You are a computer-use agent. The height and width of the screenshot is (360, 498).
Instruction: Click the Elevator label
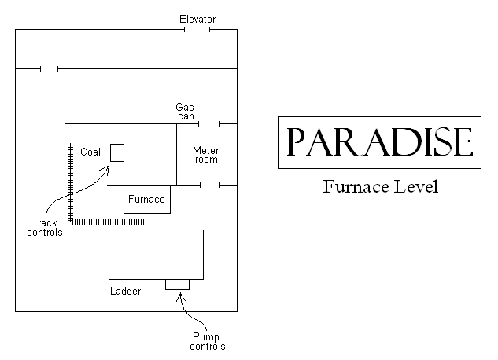click(x=196, y=19)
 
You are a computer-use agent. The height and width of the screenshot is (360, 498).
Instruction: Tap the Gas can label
click(x=186, y=112)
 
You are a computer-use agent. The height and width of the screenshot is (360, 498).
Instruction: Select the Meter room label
click(x=205, y=155)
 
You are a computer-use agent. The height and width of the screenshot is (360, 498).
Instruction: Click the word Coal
click(x=90, y=152)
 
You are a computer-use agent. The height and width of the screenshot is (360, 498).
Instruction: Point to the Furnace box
click(x=146, y=199)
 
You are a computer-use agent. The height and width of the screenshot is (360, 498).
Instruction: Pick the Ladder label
click(x=126, y=292)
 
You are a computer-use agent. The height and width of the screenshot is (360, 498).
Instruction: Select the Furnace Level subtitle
click(x=379, y=188)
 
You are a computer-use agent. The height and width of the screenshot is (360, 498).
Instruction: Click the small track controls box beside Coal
click(x=116, y=152)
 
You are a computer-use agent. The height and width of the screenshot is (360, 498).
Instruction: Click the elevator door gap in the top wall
click(x=197, y=30)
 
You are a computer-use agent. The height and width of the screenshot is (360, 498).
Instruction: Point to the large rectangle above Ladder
click(x=156, y=254)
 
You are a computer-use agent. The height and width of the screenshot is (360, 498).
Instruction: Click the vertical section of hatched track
click(x=71, y=181)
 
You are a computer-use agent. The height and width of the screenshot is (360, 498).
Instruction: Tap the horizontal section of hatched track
click(x=110, y=222)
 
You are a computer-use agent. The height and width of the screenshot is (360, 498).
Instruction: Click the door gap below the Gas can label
click(x=209, y=123)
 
